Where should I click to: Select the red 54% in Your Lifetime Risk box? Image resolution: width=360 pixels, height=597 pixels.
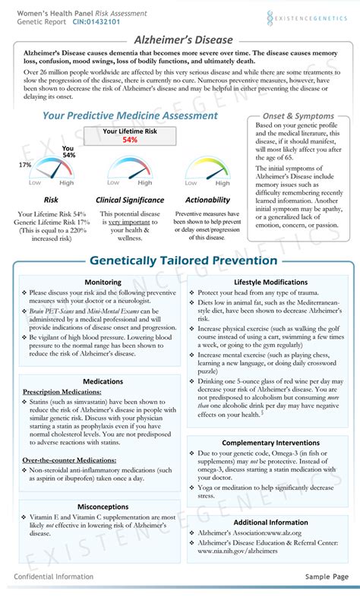click(129, 140)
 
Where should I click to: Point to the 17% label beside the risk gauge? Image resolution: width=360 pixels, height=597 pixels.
click(25, 165)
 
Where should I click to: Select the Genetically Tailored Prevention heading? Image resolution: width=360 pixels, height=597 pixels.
click(183, 261)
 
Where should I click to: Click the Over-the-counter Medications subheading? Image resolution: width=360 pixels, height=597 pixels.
click(69, 460)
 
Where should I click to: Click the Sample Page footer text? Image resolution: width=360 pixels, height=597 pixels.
click(327, 577)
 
